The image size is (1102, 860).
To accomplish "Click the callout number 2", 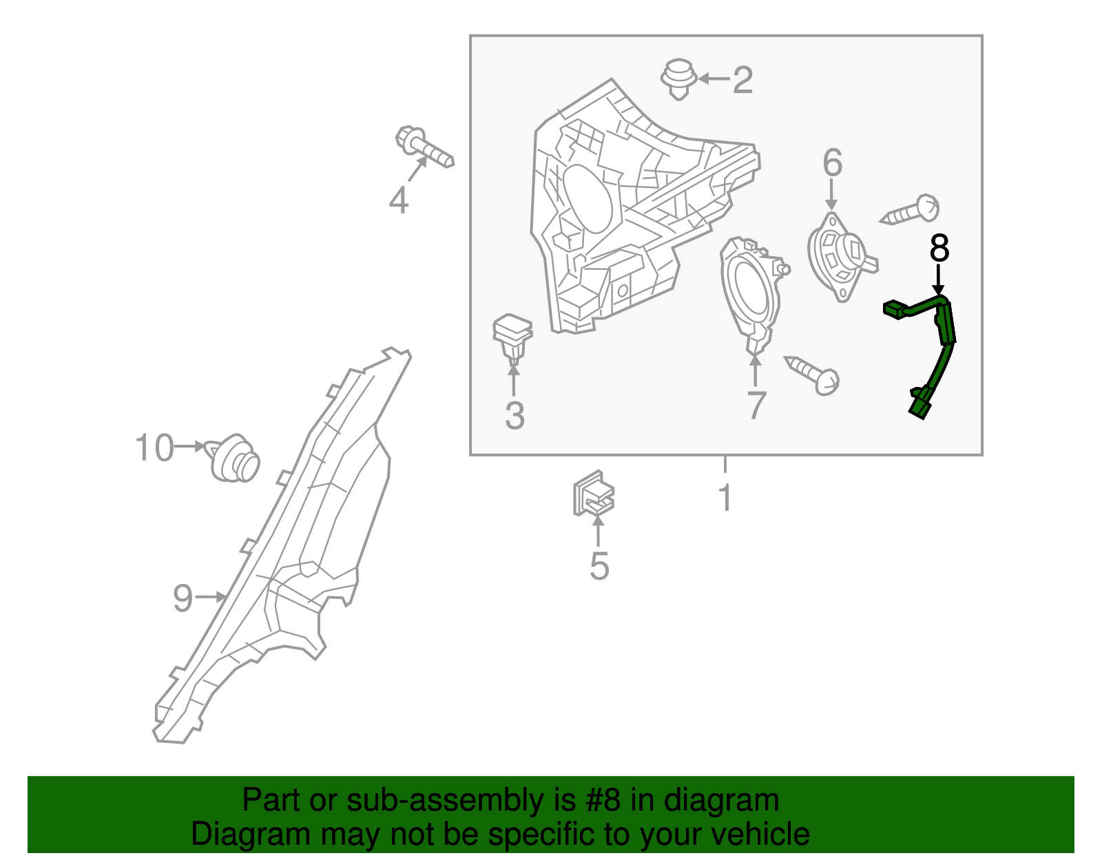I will (x=742, y=81).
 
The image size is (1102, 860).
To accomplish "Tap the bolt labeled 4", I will (x=424, y=146).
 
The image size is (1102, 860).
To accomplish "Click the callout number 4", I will (x=399, y=201).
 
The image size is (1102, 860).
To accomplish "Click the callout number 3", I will (x=514, y=416).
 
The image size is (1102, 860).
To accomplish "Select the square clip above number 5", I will (x=593, y=494).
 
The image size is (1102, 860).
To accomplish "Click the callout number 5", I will (x=599, y=567).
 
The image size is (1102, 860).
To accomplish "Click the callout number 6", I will (x=832, y=163).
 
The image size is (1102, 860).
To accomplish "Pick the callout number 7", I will (x=756, y=405).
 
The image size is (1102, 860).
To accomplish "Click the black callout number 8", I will (x=939, y=249).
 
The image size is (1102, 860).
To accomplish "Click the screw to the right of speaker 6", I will (x=912, y=210).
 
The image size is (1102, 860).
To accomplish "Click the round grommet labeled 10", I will (x=235, y=459).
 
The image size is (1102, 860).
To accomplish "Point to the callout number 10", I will (x=154, y=448).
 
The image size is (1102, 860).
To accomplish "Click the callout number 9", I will (x=183, y=598).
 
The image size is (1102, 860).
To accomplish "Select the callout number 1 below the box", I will (x=725, y=497).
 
